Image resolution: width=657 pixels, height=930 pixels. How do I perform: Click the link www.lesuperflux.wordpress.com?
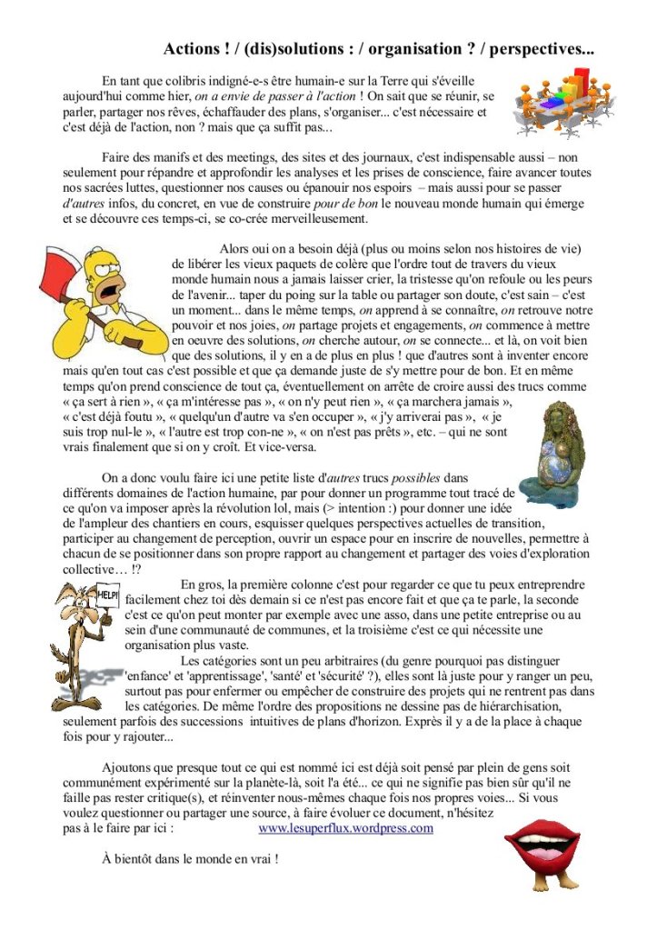pos(345,828)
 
